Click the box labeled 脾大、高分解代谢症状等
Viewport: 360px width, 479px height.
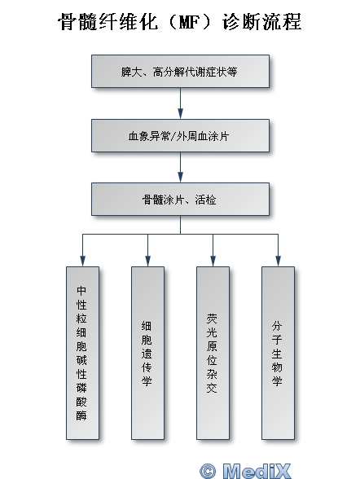pos(180,72)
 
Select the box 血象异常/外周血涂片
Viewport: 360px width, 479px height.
pos(180,135)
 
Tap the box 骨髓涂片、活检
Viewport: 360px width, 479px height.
pos(180,200)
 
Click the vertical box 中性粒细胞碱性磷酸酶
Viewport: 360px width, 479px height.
pos(82,354)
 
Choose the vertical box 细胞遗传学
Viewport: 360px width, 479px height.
pos(147,354)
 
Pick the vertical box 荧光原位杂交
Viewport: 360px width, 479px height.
pos(213,354)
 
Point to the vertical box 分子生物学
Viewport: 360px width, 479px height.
pos(278,354)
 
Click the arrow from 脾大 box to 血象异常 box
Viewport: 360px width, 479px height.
pos(180,103)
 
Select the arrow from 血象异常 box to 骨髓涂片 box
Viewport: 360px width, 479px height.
pos(180,168)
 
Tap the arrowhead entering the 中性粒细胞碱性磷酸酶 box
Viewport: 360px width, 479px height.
pos(82,261)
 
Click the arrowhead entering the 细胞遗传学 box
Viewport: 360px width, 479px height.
pos(147,261)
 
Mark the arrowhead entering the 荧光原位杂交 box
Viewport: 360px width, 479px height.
pos(213,261)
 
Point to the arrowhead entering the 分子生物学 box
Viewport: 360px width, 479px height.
pos(278,261)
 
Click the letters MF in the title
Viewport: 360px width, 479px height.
pos(189,22)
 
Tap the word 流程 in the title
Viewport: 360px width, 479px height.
pos(282,21)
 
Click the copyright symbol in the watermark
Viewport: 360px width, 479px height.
pos(208,471)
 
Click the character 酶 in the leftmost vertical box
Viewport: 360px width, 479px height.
pos(81,415)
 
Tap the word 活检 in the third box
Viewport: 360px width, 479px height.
pos(205,200)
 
